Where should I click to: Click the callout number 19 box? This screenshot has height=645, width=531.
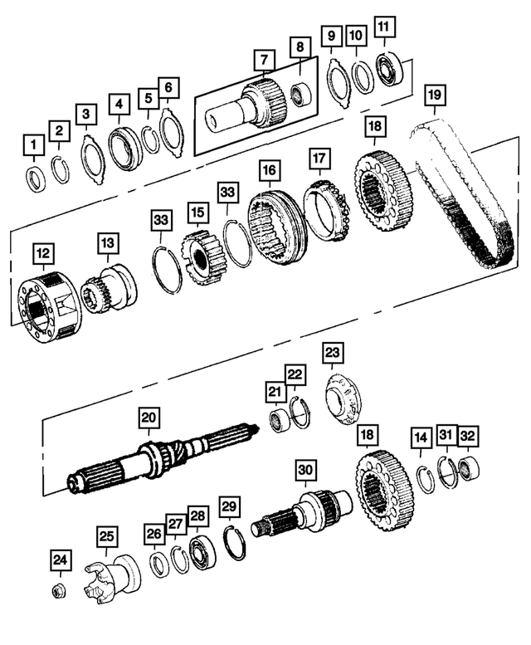[x=433, y=95]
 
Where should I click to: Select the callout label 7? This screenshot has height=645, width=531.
[x=263, y=60]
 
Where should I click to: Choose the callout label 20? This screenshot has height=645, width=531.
[x=149, y=418]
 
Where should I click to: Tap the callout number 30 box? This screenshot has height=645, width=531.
[x=305, y=470]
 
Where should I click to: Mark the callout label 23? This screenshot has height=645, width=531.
[x=333, y=354]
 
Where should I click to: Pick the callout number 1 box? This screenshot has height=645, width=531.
[x=32, y=148]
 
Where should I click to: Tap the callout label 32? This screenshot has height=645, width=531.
[x=468, y=436]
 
